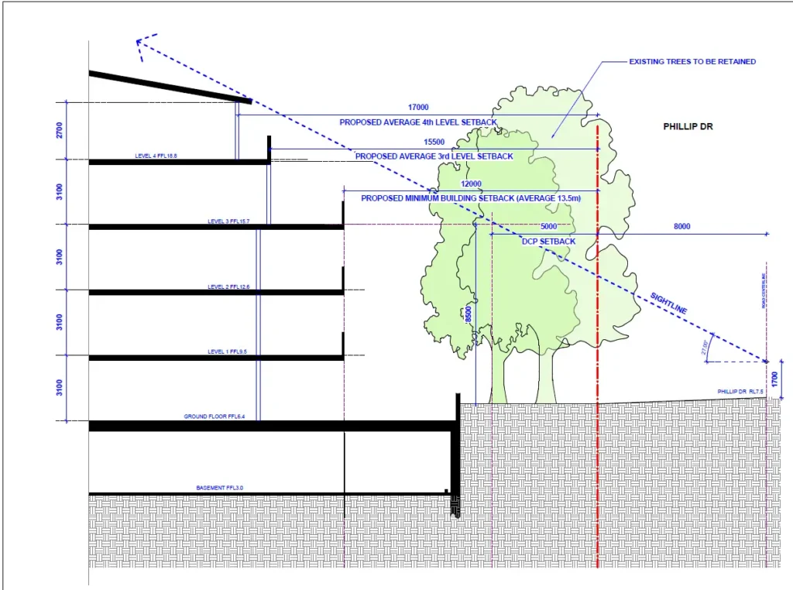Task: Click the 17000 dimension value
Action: click(x=417, y=108)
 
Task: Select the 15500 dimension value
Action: click(x=434, y=142)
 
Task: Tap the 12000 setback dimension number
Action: click(x=470, y=184)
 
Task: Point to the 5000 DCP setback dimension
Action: click(x=548, y=227)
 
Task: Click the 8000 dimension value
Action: click(x=681, y=227)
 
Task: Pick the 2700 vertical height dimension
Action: click(x=60, y=130)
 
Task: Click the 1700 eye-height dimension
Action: click(x=774, y=379)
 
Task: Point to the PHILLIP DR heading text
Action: click(x=688, y=125)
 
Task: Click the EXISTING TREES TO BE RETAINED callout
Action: click(x=692, y=61)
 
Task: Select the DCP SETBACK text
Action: click(x=548, y=242)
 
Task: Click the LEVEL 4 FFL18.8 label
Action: click(x=156, y=156)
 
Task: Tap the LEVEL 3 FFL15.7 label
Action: click(x=229, y=221)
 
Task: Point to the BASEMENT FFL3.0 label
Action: click(x=225, y=488)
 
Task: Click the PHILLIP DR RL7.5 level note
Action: click(x=740, y=393)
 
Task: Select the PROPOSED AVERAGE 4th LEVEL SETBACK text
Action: click(x=418, y=122)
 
